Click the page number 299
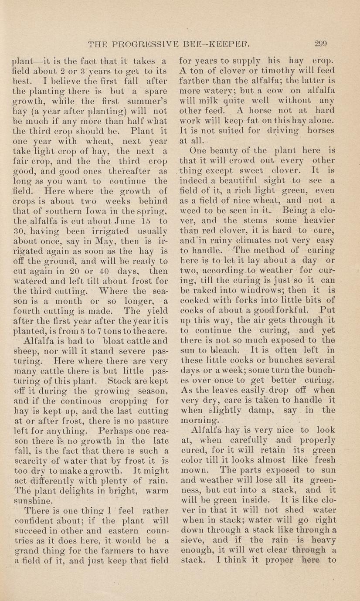[320, 43]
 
